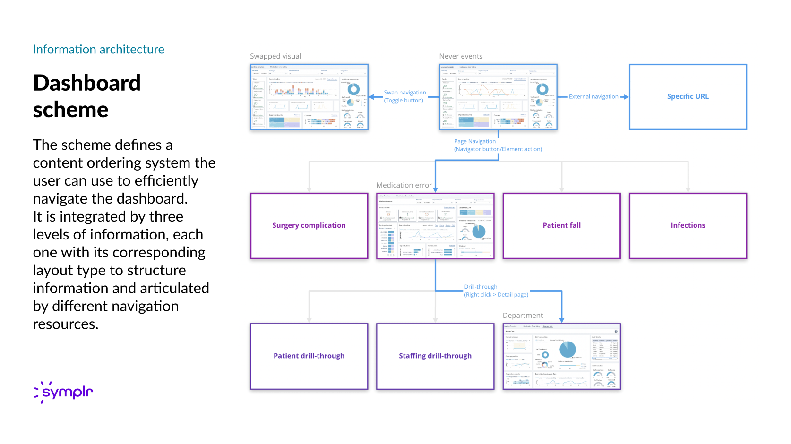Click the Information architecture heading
click(x=98, y=50)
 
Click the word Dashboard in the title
click(x=87, y=83)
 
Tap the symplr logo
click(x=64, y=392)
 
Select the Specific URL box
click(x=688, y=96)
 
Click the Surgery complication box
click(x=309, y=225)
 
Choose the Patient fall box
click(x=561, y=225)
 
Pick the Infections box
click(x=688, y=225)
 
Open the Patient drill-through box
click(x=309, y=356)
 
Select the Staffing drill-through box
click(x=435, y=356)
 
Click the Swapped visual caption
click(x=275, y=56)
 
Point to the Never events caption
click(x=461, y=56)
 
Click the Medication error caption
click(x=404, y=185)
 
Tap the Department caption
click(x=523, y=316)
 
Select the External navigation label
click(x=593, y=97)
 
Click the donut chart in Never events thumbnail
click(x=542, y=89)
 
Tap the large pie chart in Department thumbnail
click(x=567, y=349)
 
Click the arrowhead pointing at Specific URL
click(x=626, y=97)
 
